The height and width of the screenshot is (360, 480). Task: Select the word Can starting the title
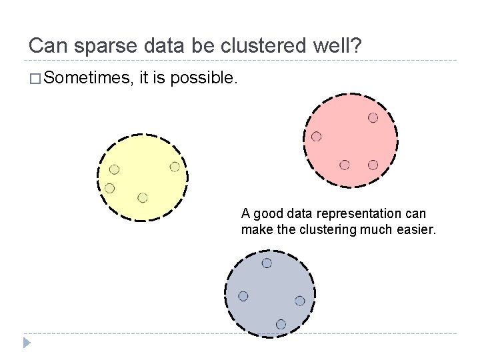pyautogui.click(x=45, y=46)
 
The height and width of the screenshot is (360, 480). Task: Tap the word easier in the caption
pyautogui.click(x=415, y=230)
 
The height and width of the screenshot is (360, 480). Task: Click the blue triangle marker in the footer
pyautogui.click(x=27, y=343)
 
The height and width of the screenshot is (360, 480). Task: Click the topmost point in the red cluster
pyautogui.click(x=373, y=117)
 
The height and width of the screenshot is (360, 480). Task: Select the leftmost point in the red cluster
pyautogui.click(x=317, y=137)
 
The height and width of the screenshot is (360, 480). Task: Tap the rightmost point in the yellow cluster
pyautogui.click(x=175, y=167)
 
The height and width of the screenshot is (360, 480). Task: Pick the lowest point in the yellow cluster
pyautogui.click(x=143, y=197)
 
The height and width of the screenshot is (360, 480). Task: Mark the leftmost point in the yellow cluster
pyautogui.click(x=110, y=188)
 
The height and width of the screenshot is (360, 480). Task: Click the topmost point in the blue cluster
pyautogui.click(x=267, y=263)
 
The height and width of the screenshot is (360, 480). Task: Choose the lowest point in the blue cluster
pyautogui.click(x=281, y=324)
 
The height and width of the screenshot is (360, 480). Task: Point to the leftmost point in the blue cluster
pyautogui.click(x=243, y=296)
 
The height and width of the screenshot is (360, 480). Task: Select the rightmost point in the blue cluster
pyautogui.click(x=300, y=301)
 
